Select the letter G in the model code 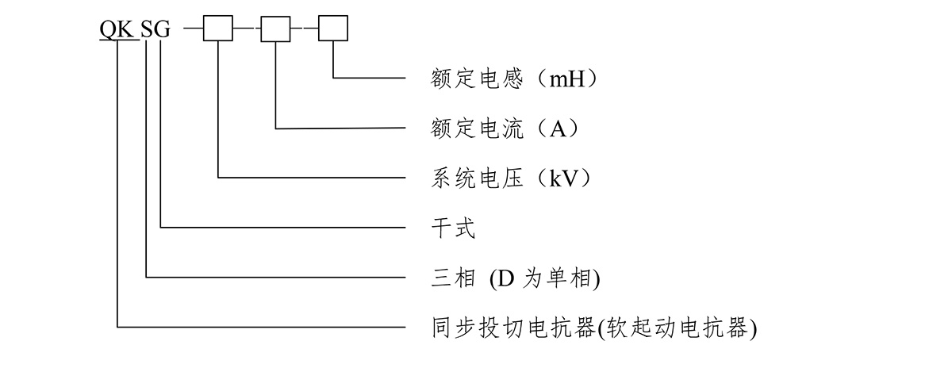161,31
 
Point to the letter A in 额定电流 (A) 559,129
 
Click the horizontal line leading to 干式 286,228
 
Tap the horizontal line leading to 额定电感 370,78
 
